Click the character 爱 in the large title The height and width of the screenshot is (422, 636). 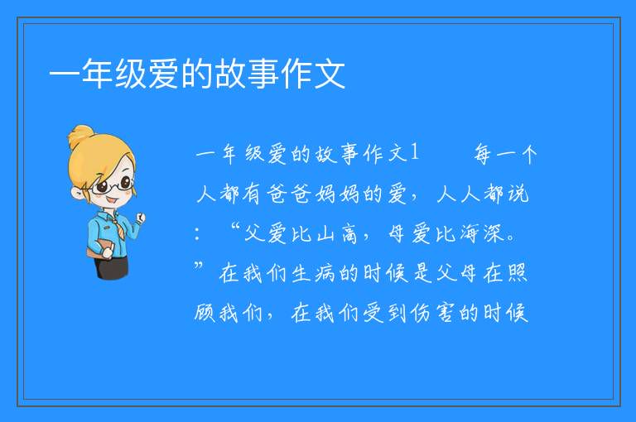click(164, 74)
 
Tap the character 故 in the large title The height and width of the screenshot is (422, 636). click(230, 74)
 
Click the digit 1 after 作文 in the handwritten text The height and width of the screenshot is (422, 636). click(414, 153)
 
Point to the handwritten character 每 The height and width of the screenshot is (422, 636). click(482, 154)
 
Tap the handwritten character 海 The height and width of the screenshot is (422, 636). click(470, 234)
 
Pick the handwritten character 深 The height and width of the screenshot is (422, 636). click(494, 234)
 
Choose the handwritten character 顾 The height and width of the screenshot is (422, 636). click(205, 313)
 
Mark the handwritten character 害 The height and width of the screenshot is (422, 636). click(446, 313)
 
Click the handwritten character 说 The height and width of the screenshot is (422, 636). click(518, 194)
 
